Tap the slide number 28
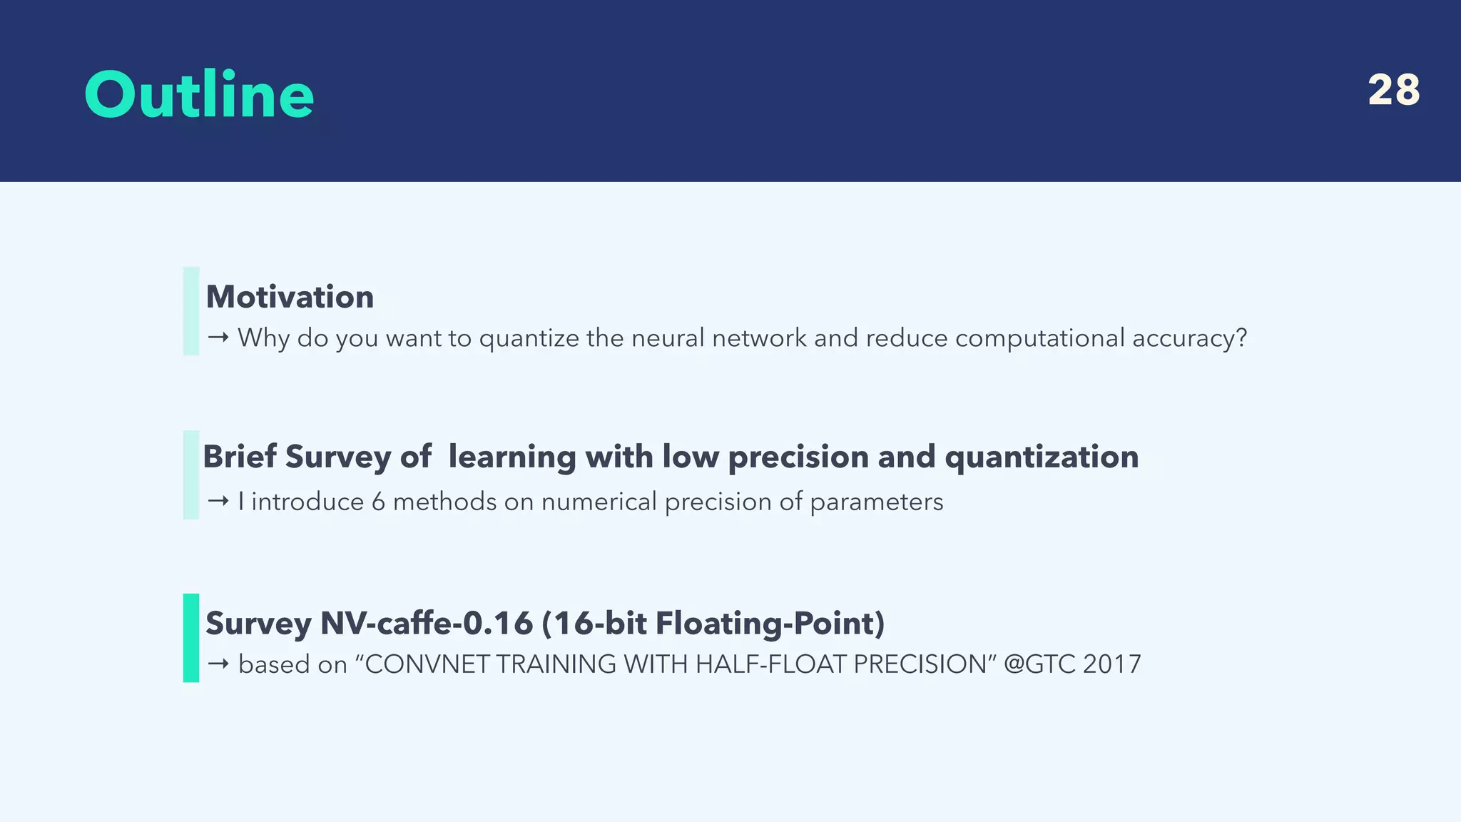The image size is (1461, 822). (x=1393, y=91)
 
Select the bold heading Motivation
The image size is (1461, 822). (x=290, y=297)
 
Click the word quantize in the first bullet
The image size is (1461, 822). (x=529, y=338)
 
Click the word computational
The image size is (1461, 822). (x=1039, y=338)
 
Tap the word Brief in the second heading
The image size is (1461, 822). (x=240, y=457)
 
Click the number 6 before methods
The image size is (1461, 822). (x=378, y=502)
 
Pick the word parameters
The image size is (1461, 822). (x=876, y=502)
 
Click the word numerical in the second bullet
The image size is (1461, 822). (x=599, y=502)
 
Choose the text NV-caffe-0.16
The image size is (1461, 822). (x=426, y=623)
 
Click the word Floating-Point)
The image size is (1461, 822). (x=770, y=623)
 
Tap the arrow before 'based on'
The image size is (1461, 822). (x=218, y=664)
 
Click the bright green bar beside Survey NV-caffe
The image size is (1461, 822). (x=191, y=638)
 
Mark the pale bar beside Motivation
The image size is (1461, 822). (x=191, y=311)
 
